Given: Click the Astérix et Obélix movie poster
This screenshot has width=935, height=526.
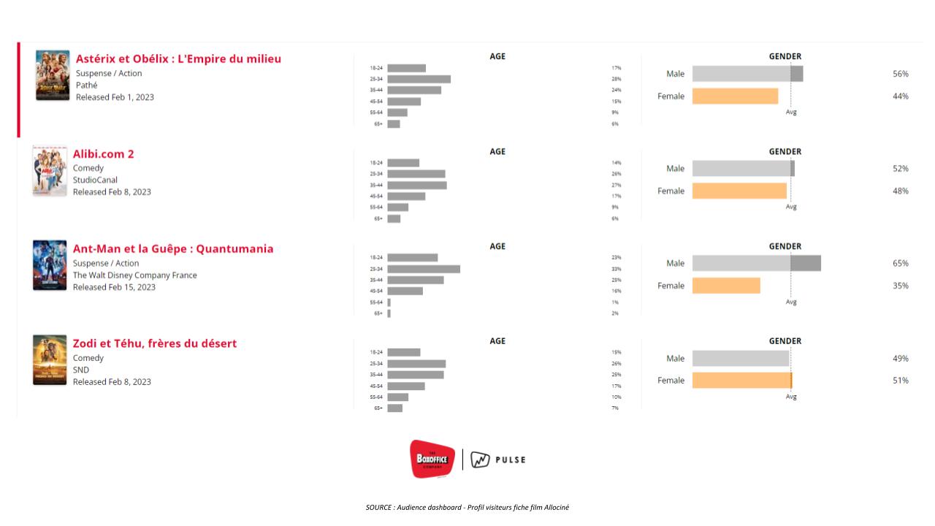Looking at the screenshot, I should (x=53, y=75).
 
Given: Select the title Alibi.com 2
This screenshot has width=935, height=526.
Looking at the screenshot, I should (x=103, y=154).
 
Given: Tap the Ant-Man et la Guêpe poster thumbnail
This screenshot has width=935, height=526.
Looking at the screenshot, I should (x=50, y=265).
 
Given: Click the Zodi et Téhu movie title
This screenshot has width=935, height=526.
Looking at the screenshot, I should (x=154, y=343).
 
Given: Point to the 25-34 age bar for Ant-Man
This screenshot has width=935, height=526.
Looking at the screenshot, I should (x=424, y=269).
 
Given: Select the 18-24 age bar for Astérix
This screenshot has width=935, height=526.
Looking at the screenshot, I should (x=406, y=68).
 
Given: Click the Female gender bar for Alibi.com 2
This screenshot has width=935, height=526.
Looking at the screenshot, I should (x=739, y=191).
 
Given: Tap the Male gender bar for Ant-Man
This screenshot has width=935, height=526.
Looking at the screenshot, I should (x=756, y=263).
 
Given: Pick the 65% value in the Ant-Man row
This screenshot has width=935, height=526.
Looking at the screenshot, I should (x=900, y=264).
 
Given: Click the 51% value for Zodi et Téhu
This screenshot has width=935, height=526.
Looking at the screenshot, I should (x=900, y=381).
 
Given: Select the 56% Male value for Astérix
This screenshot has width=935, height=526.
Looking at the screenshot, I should (x=900, y=74).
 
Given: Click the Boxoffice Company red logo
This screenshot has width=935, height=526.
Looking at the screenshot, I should (x=432, y=459).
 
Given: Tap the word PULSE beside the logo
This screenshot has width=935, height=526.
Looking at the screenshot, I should (x=511, y=460).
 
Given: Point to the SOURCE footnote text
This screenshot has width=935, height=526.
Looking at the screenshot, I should (x=467, y=507).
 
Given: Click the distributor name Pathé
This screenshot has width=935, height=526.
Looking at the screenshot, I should (x=86, y=85).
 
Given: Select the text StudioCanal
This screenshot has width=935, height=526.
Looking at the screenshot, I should (x=95, y=180).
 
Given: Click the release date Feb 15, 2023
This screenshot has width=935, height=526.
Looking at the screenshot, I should (x=114, y=287).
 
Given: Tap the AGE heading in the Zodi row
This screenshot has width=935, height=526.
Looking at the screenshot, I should (x=497, y=341).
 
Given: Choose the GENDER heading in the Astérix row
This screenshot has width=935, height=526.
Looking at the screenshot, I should (x=785, y=56).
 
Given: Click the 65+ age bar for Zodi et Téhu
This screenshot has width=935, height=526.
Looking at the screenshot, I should (x=394, y=408).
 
